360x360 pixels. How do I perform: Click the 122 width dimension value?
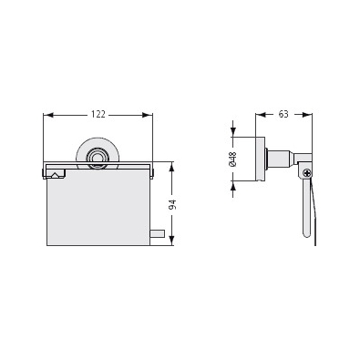(98, 115)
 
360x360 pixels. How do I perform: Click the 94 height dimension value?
(172, 204)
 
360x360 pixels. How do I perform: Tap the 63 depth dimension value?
(283, 114)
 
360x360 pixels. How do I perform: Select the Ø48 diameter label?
(233, 159)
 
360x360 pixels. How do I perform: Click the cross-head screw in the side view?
(307, 173)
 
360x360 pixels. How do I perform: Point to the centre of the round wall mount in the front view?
(98, 158)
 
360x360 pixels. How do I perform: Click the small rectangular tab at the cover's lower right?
(158, 233)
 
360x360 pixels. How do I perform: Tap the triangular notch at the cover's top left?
(55, 175)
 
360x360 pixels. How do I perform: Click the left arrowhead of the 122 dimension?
(48, 115)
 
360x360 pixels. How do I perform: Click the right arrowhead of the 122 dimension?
(148, 115)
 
